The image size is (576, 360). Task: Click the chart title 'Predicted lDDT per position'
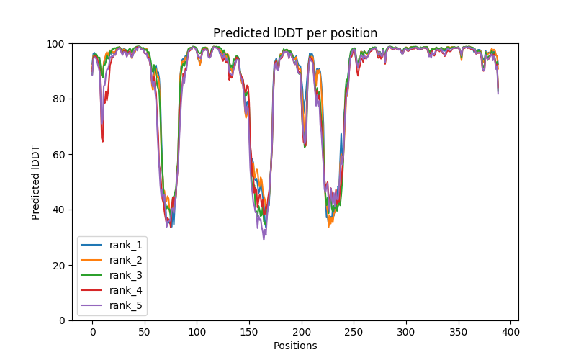294,33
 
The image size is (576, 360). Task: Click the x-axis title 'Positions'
295,346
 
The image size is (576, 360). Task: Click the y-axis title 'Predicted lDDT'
36,182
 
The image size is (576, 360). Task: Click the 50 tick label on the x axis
145,332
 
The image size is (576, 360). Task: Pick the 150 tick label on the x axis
249,332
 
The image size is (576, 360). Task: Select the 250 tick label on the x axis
354,332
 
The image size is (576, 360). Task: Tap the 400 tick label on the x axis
510,332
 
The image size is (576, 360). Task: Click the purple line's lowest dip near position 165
264,239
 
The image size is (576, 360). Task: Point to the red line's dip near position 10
102,140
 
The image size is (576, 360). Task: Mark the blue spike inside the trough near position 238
341,134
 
